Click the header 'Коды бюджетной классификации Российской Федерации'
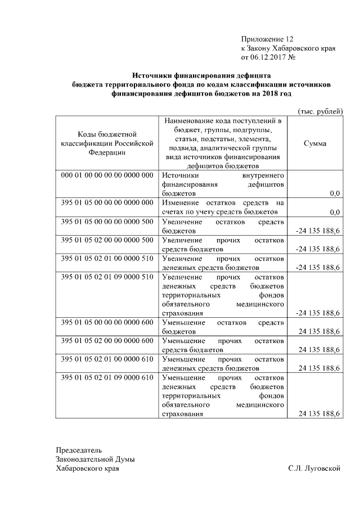click(x=107, y=143)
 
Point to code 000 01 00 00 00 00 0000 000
click(x=107, y=175)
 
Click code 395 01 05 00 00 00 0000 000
click(x=107, y=202)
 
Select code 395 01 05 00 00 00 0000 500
click(x=107, y=222)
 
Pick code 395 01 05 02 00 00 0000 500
click(x=107, y=240)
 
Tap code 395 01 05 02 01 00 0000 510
click(x=107, y=258)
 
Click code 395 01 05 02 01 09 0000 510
click(x=107, y=277)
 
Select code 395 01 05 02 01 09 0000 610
click(x=107, y=377)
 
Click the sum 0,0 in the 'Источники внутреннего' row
click(x=335, y=193)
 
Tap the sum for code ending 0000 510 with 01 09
click(x=317, y=313)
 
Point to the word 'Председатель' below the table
click(x=79, y=451)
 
